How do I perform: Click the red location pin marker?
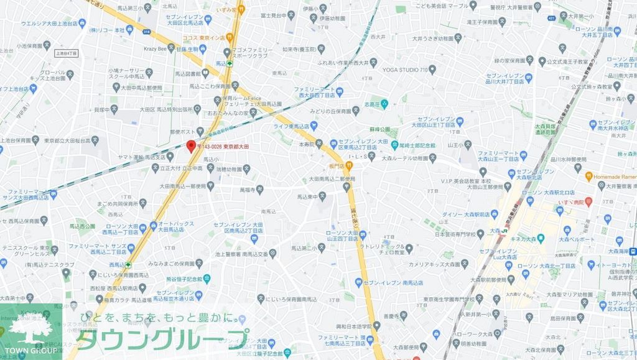pos(191,145)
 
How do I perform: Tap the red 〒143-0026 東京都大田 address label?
pos(223,146)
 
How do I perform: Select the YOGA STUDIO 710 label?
pos(405,70)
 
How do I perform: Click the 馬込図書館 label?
pos(203,73)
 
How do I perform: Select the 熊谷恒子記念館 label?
pos(185,279)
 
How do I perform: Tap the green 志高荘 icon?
pos(384,104)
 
